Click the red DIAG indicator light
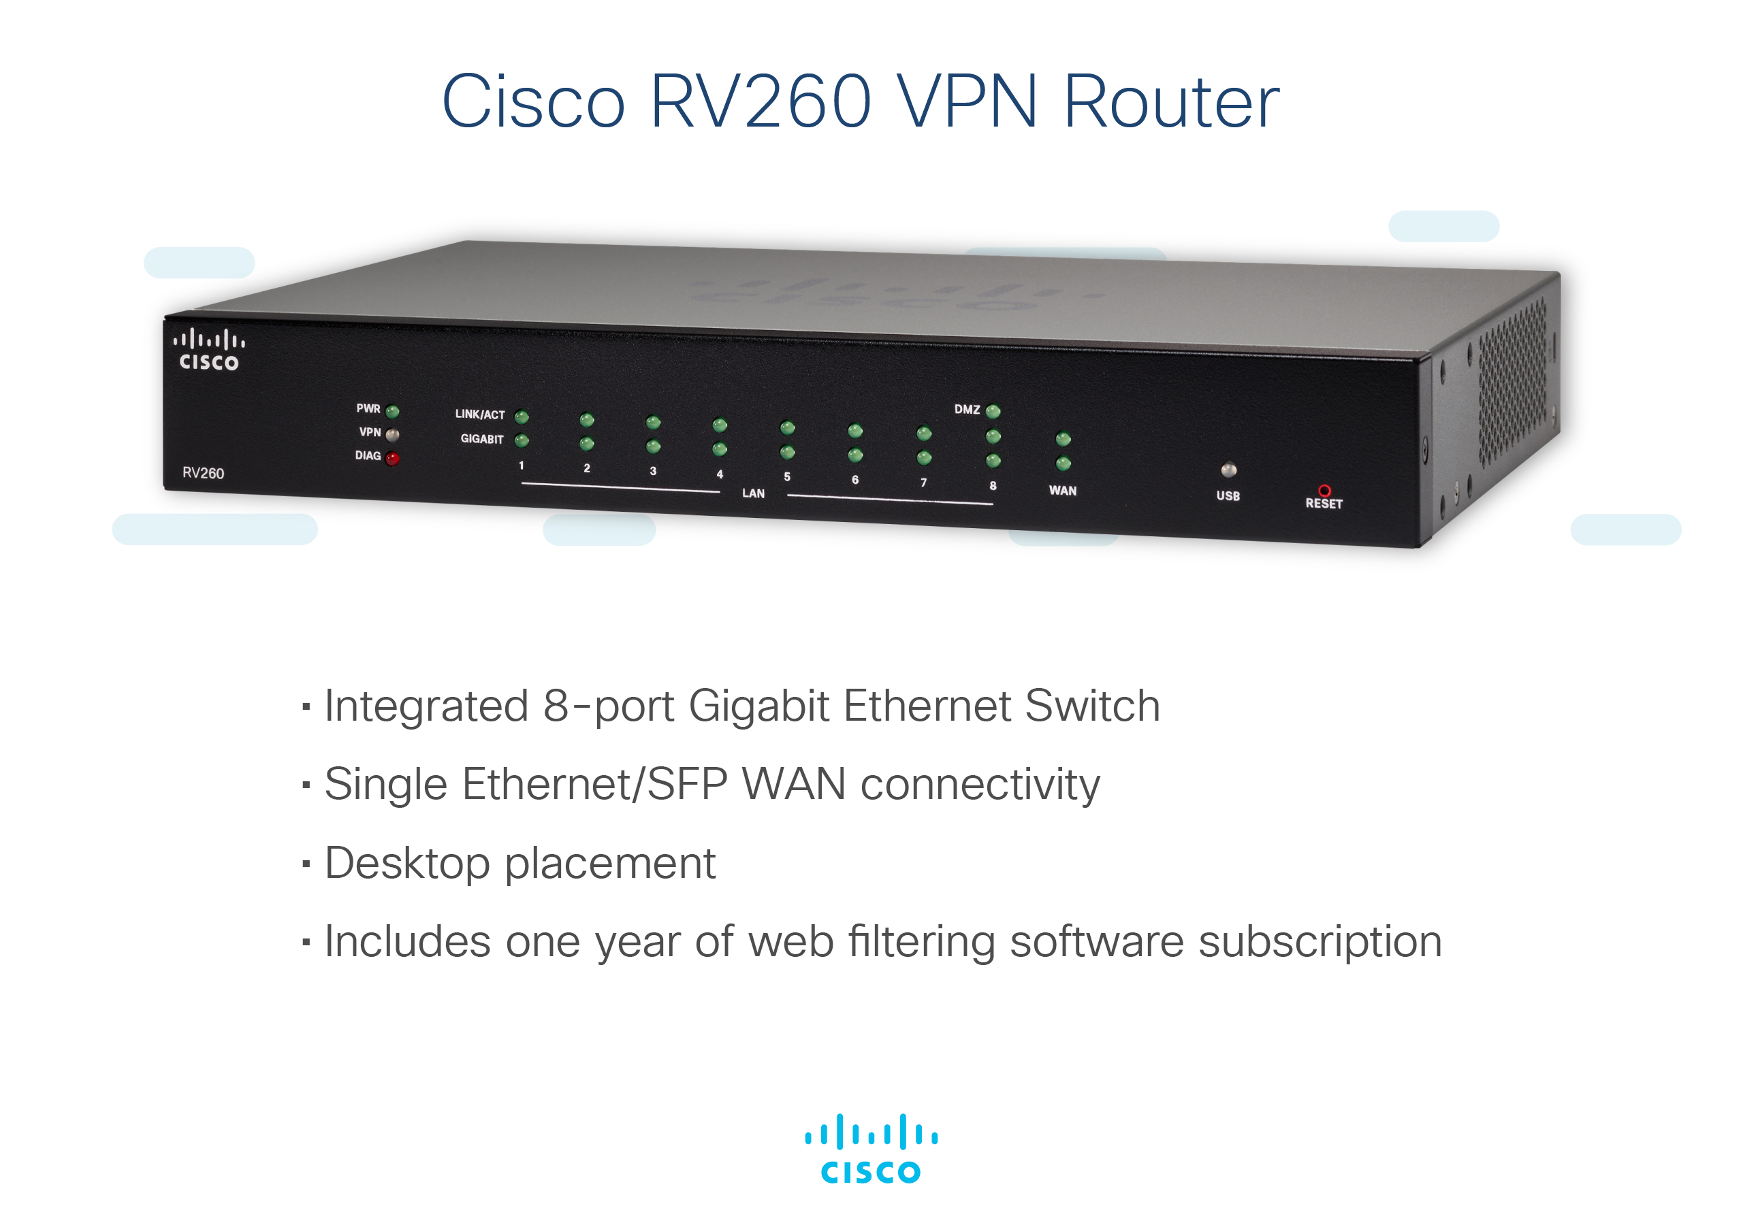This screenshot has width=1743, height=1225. coord(391,459)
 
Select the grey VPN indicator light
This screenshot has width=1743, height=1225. coord(392,435)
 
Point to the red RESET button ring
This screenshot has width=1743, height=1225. coord(1324,490)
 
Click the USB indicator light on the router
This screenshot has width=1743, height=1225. coord(1229,470)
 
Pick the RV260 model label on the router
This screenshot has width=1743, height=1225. coord(204,473)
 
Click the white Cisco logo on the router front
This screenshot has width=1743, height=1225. coord(209,350)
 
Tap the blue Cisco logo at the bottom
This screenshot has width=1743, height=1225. coord(871,1148)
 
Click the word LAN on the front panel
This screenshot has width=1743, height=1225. coord(753,493)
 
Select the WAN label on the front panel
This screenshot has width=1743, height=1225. coord(1063,491)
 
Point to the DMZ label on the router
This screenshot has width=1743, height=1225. coord(967,410)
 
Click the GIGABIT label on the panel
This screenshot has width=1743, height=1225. coord(482,439)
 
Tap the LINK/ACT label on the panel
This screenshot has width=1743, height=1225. coord(480,414)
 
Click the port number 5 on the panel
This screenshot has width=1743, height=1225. coord(787,476)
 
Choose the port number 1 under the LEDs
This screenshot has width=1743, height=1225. coord(522,465)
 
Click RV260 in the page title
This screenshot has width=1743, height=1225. coord(761,101)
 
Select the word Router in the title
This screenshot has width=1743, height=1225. coord(1171,101)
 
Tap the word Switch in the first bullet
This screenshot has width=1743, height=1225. coord(1092,706)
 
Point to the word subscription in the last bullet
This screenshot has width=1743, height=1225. coord(1320,942)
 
